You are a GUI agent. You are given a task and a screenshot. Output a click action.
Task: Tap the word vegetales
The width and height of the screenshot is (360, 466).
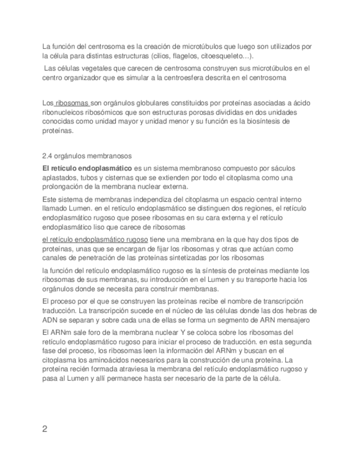[x=90, y=68]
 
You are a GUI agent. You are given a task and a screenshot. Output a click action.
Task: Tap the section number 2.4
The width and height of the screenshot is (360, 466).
[x=48, y=156]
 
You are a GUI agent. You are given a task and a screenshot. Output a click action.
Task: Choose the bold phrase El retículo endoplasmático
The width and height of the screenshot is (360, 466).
[x=87, y=168]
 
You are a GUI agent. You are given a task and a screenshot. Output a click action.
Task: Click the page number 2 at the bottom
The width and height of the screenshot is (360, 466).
[x=45, y=429]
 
